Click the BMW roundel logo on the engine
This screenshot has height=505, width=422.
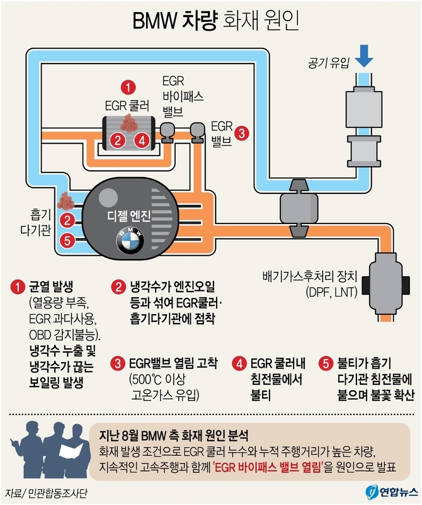(130, 240)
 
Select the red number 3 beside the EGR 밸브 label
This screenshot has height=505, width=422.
(242, 133)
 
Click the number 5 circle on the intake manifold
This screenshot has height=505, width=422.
(67, 240)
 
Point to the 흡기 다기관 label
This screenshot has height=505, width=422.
(31, 220)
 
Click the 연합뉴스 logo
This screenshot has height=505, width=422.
(391, 491)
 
